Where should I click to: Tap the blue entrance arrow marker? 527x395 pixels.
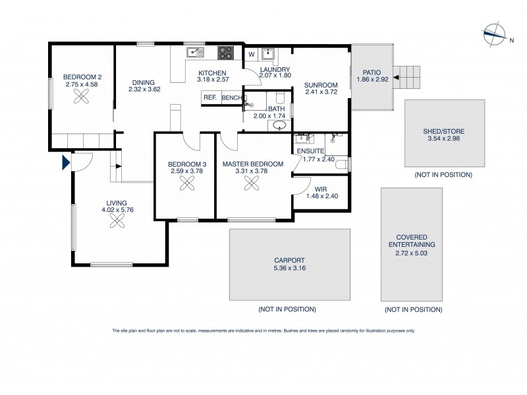coord(65,162)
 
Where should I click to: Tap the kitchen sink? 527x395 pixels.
coord(194,51)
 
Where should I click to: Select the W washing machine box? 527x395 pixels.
coord(251,54)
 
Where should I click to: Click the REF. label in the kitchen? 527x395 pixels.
coord(210,97)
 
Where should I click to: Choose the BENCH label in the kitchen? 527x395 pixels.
coord(231,97)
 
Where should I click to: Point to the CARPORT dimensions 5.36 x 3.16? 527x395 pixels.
coord(290,268)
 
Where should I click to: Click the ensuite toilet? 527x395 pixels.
coord(341,167)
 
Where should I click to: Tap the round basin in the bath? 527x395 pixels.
coord(279,124)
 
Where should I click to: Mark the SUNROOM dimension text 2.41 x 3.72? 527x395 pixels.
coord(321,92)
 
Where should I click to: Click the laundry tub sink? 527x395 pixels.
coord(268,54)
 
